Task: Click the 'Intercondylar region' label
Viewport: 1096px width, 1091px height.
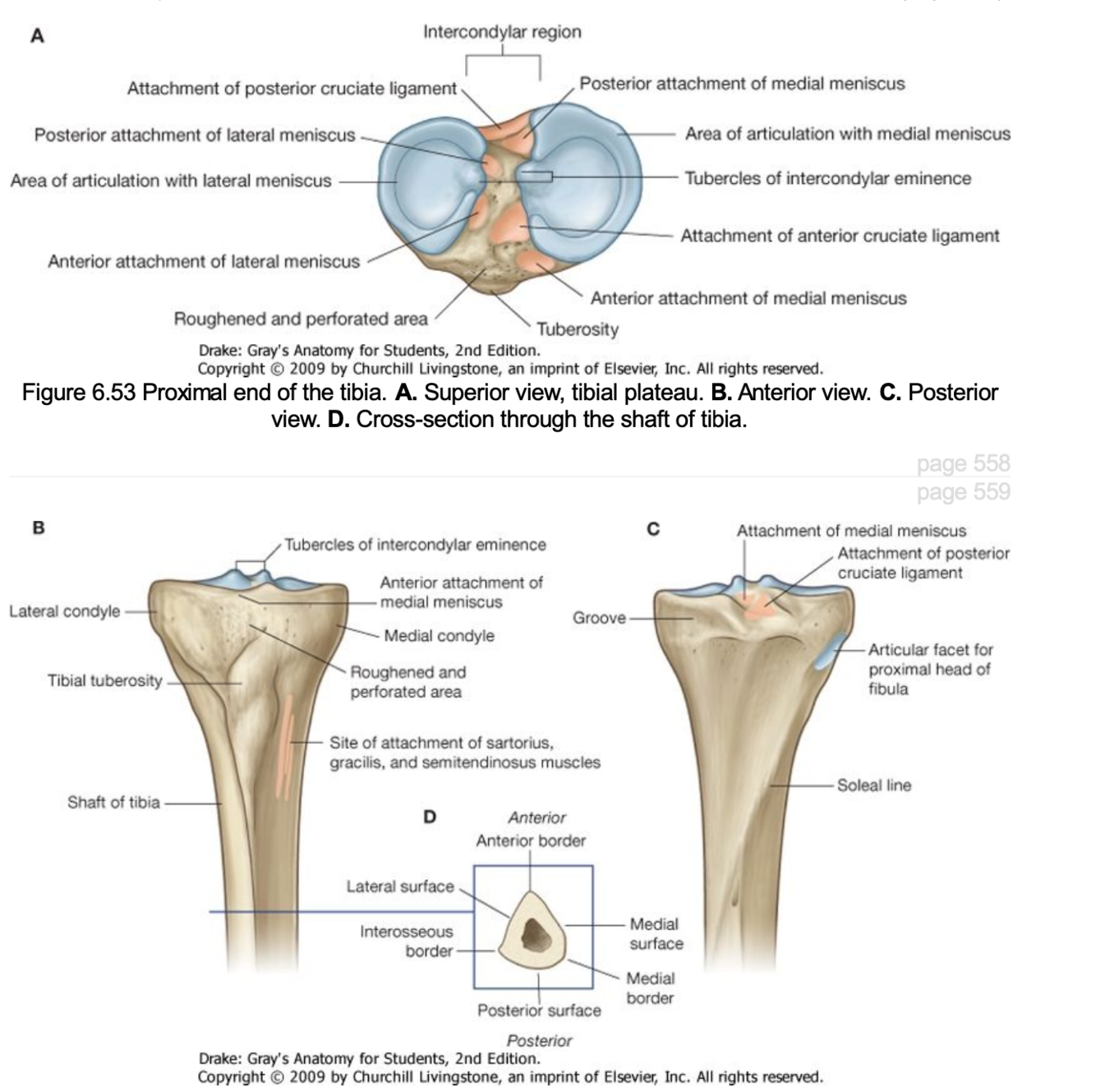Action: pyautogui.click(x=502, y=32)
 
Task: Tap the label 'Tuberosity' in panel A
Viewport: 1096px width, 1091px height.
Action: pyautogui.click(x=578, y=329)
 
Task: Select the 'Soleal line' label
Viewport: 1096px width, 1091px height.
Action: pyautogui.click(x=874, y=785)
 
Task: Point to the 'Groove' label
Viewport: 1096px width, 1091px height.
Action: pyautogui.click(x=599, y=618)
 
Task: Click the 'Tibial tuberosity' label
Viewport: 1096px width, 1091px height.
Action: pyautogui.click(x=105, y=680)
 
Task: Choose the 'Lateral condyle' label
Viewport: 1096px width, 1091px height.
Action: pyautogui.click(x=64, y=611)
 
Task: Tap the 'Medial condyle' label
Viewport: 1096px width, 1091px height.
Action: pyautogui.click(x=439, y=636)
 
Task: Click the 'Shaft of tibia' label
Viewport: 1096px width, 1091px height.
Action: pyautogui.click(x=113, y=802)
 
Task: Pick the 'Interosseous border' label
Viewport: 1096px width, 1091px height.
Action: pyautogui.click(x=407, y=941)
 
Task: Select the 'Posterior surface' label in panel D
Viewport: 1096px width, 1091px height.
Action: pyautogui.click(x=539, y=1010)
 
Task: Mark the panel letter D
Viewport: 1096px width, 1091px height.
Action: pyautogui.click(x=429, y=817)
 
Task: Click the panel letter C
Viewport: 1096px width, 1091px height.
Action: pyautogui.click(x=653, y=530)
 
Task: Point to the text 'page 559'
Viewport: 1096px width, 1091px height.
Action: pyautogui.click(x=963, y=491)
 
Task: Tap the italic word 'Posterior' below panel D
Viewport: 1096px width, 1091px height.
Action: pyautogui.click(x=539, y=1040)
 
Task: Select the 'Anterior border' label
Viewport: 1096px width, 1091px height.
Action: pyautogui.click(x=531, y=840)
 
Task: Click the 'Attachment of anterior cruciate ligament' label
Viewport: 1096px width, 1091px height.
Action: pyautogui.click(x=840, y=237)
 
